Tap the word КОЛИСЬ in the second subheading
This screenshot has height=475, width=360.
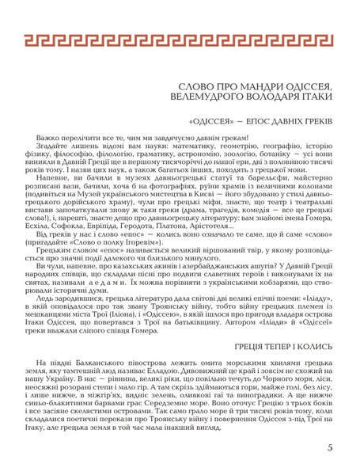314,325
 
